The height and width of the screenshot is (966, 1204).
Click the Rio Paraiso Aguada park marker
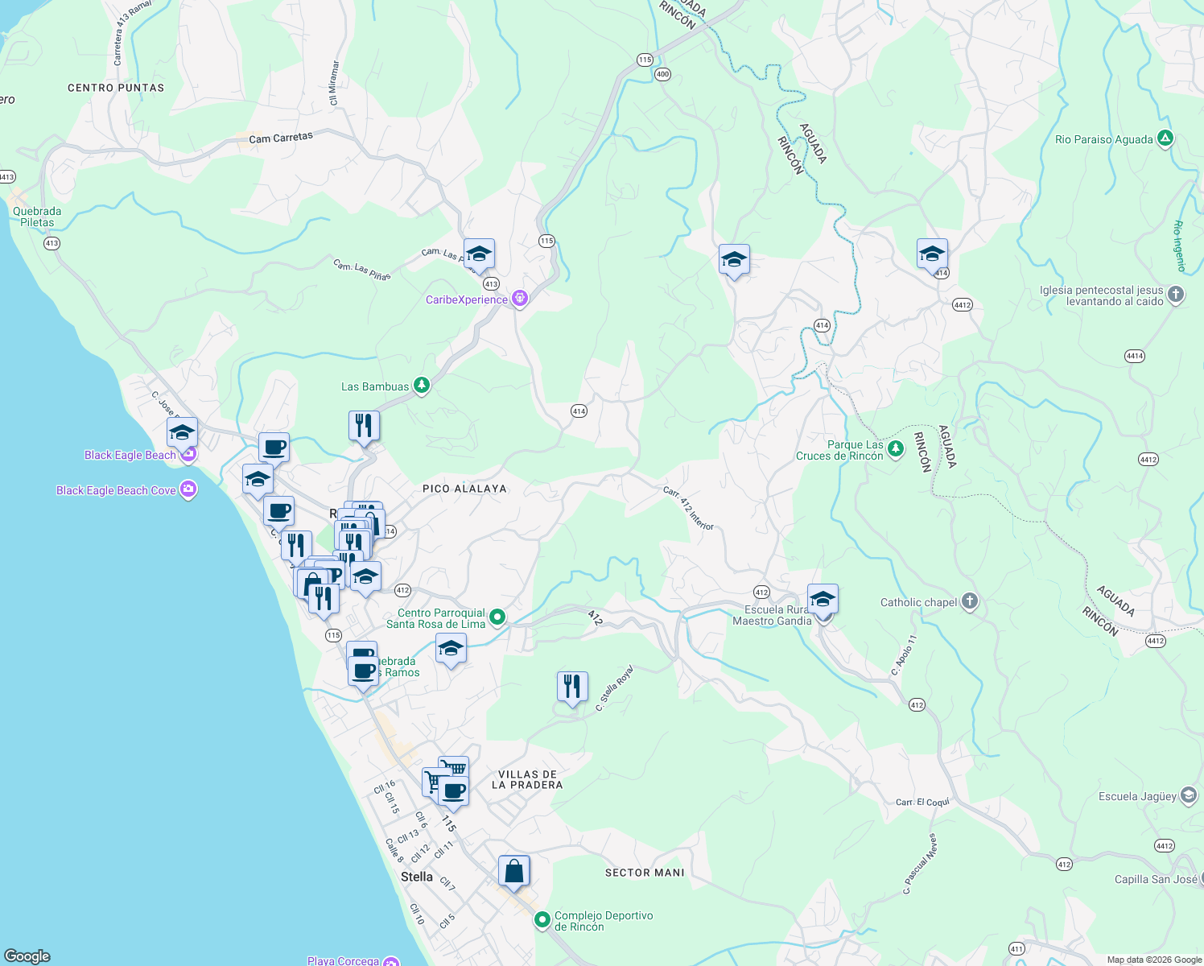1165,138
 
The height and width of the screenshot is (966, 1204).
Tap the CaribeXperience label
467,299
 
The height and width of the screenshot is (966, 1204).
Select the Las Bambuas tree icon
421,386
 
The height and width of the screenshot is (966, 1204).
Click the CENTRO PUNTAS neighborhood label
116,88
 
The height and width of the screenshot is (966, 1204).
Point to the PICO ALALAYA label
464,489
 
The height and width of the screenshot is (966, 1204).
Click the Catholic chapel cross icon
970,602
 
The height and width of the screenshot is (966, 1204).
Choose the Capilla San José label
1156,879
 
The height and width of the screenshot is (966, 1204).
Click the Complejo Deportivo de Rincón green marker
542,919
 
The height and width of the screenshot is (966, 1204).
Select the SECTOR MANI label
645,873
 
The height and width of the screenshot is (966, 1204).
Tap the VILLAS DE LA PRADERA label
527,779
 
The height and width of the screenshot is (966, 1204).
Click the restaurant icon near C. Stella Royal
571,687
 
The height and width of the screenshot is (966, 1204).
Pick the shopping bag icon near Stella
513,872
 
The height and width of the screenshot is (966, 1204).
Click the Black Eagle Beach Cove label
116,490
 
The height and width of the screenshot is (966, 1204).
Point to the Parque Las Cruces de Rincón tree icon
896,448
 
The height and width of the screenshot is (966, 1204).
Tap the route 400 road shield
662,74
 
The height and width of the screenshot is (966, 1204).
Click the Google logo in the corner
27,956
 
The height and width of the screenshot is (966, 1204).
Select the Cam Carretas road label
280,138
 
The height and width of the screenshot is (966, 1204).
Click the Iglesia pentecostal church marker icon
1176,295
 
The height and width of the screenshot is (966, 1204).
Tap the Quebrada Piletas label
37,217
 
